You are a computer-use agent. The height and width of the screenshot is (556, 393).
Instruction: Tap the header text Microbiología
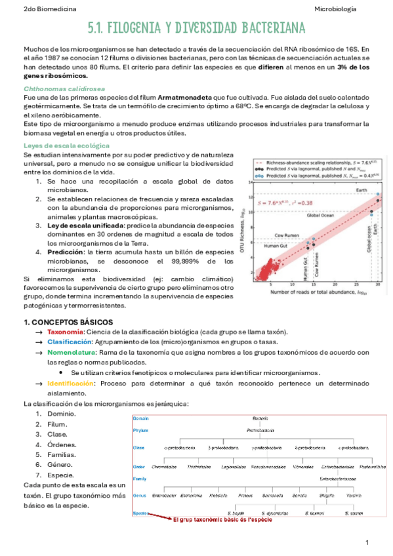(335, 9)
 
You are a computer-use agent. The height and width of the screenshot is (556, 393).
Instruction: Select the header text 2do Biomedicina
(49, 9)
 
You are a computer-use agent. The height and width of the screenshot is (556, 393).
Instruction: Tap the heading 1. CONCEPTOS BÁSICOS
(68, 322)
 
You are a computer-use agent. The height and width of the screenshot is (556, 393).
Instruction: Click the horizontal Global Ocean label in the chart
(321, 215)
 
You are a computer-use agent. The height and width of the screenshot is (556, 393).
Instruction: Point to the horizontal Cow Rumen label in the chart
(287, 235)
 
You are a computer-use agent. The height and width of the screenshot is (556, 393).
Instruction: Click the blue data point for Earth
(378, 195)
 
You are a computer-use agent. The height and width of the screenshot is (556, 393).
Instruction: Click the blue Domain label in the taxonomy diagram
(140, 418)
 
